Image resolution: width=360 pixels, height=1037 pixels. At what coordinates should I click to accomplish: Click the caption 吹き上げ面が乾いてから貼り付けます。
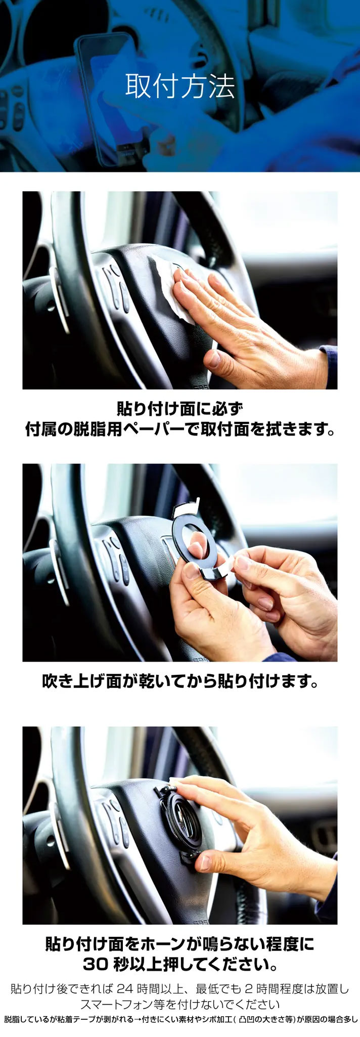180,682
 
